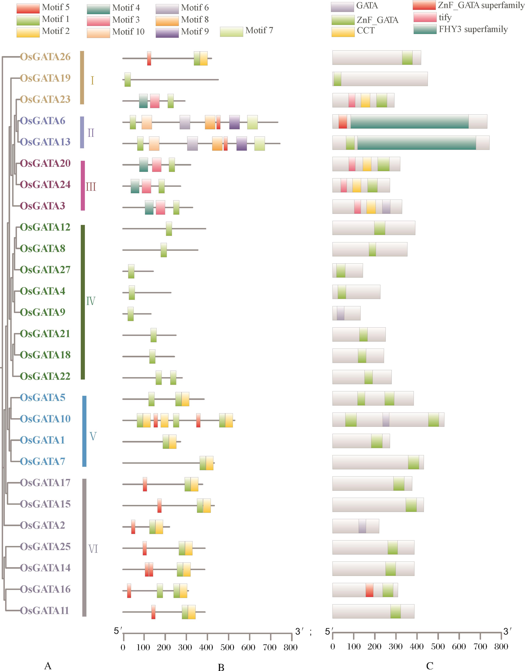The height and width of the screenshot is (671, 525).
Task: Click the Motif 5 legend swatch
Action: click(x=28, y=8)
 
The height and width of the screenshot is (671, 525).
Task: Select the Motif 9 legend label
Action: click(x=195, y=31)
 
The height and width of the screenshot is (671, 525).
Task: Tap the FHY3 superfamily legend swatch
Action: click(x=425, y=29)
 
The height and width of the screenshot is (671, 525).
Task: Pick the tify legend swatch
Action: click(x=425, y=17)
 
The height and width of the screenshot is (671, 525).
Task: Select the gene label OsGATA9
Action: click(x=43, y=312)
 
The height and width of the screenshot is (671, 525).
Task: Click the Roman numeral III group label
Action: click(x=91, y=187)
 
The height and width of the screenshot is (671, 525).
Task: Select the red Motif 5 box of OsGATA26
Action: click(x=149, y=58)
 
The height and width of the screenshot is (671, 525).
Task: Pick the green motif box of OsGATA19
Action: click(x=127, y=80)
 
